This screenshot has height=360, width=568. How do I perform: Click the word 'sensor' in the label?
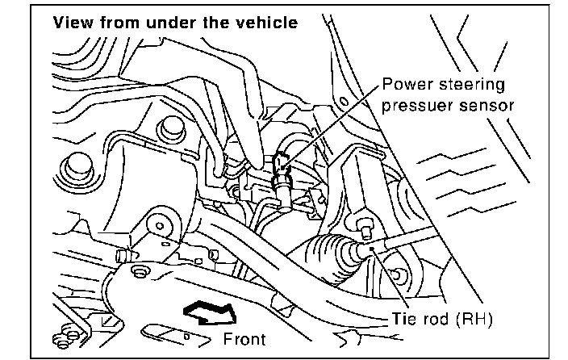486,104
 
